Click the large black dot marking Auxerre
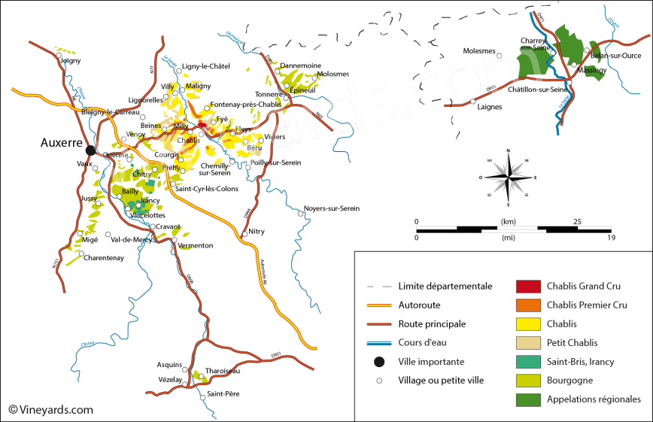[90, 150]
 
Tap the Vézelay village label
[169, 380]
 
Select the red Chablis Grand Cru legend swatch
[528, 287]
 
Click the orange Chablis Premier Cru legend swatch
[528, 305]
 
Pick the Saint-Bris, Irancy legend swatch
[528, 362]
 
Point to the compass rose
[509, 178]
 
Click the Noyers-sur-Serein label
[331, 208]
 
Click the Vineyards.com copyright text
[51, 410]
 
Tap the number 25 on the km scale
[577, 221]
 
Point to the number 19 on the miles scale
[611, 238]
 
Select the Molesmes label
[479, 51]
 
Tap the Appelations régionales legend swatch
[528, 399]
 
